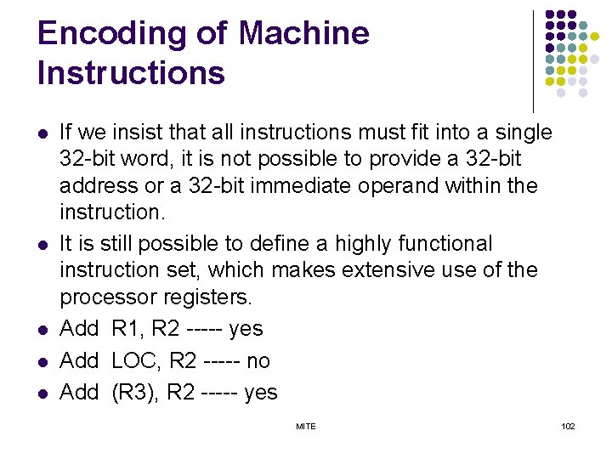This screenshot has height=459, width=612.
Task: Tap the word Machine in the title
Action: [304, 34]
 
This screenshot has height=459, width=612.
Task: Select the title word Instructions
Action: [131, 74]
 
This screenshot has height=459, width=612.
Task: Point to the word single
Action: [522, 133]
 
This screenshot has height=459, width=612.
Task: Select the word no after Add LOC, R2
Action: [258, 361]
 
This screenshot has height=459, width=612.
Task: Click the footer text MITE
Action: [305, 426]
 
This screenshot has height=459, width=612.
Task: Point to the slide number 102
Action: [568, 426]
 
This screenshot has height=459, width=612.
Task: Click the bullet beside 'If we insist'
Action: [41, 133]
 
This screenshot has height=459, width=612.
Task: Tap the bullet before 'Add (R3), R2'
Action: [41, 394]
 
